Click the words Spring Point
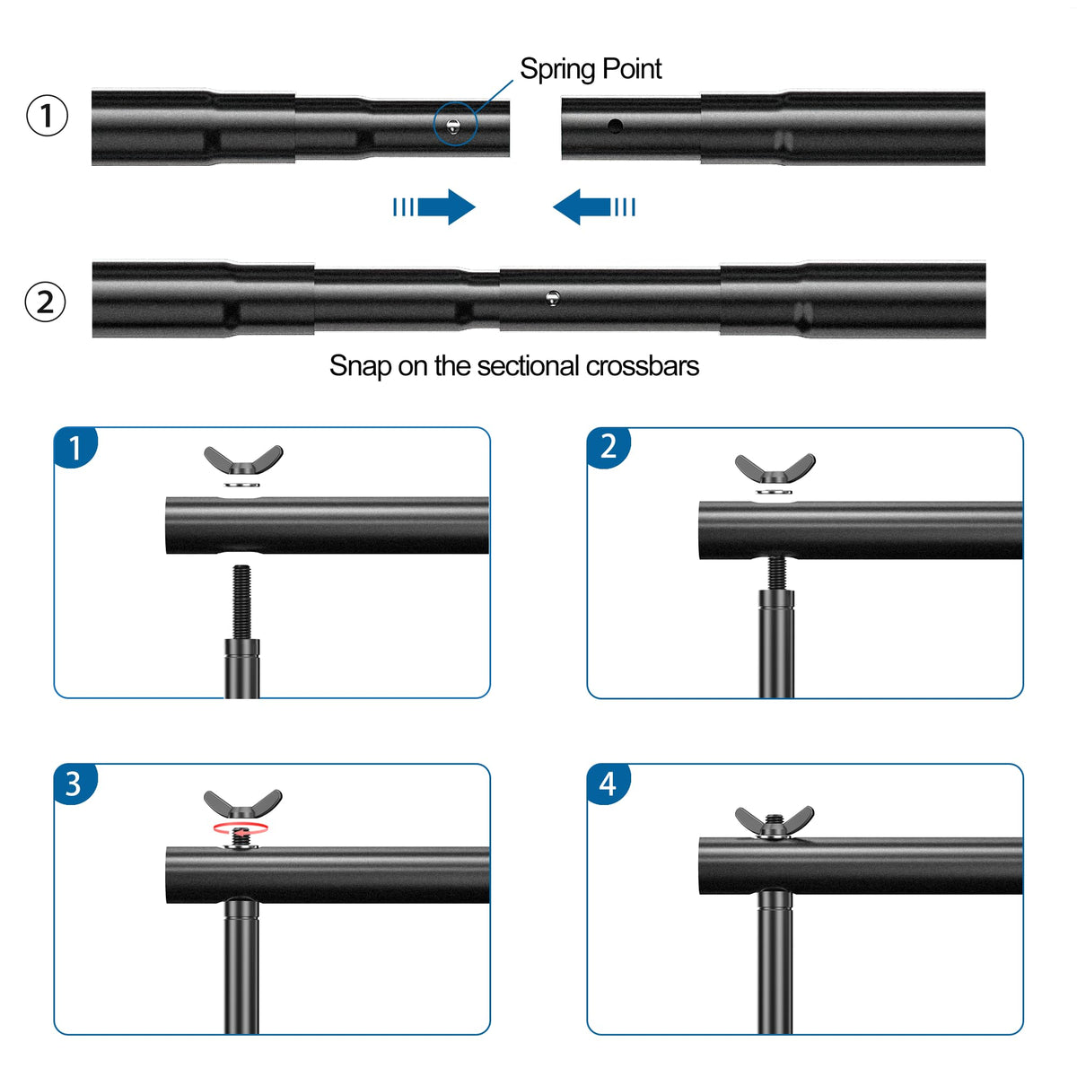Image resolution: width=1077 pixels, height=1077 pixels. pos(591,69)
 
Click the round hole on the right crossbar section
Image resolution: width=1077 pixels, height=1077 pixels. pos(614,126)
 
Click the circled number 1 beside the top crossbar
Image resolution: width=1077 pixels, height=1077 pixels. pos(47,117)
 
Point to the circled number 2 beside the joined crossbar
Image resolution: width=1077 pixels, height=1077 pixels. pos(45,302)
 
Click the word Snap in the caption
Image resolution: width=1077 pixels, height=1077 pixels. pos(360,366)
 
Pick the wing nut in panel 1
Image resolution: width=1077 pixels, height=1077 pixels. pos(243,460)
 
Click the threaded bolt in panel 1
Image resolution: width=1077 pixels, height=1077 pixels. pos(241,600)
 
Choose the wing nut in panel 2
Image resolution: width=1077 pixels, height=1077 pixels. pos(775,468)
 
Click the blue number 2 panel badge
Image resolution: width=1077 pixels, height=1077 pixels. pos(608,446)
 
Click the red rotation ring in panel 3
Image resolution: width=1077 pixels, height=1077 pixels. pos(240,827)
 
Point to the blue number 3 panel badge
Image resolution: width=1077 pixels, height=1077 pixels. pos(74,784)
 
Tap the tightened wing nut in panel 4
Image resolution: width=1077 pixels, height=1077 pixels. pos(774,821)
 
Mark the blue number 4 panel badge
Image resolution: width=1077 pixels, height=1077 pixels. pos(608,784)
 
